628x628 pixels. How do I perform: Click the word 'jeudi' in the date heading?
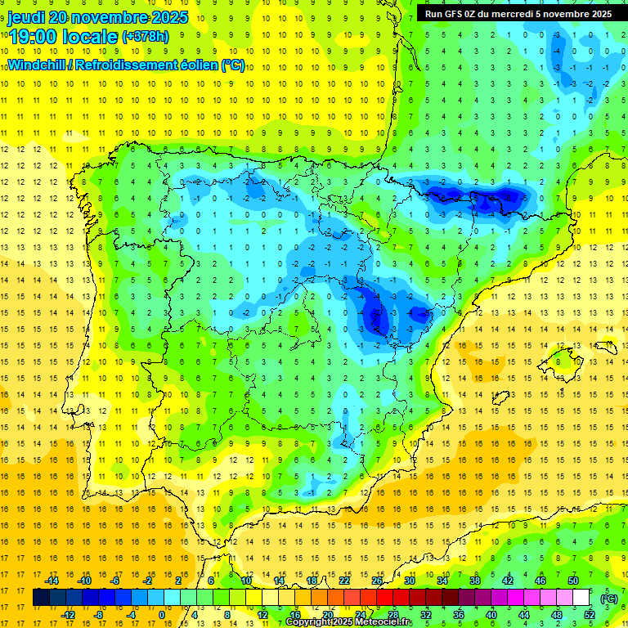coord(26,17)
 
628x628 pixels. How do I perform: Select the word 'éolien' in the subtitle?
coord(195,65)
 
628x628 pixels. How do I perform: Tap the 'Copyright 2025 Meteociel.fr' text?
coord(348,622)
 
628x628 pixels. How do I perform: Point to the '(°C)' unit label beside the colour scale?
coord(609,599)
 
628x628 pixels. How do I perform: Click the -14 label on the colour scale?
coord(52,581)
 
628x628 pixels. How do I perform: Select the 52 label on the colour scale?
coord(589,614)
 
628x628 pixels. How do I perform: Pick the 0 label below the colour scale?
coord(162,614)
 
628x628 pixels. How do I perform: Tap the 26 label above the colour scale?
coord(377,581)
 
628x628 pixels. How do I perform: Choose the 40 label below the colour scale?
coord(491,614)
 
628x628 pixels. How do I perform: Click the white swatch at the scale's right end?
coord(581,598)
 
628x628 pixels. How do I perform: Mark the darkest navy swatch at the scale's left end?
coord(41,598)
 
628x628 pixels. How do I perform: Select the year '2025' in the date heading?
coord(169,17)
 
